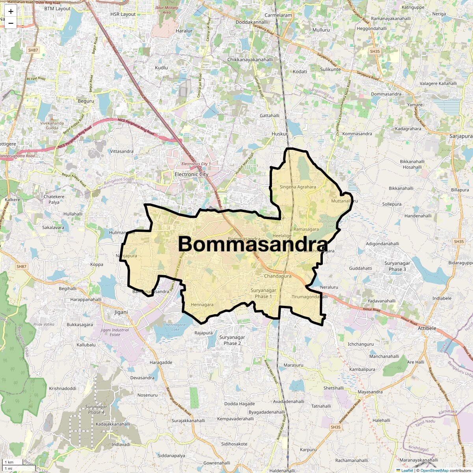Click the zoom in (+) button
click(x=11, y=11)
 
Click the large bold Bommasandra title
click(x=253, y=244)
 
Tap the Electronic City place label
click(x=192, y=174)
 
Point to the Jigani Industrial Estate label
click(x=115, y=332)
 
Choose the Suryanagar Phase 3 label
click(x=397, y=266)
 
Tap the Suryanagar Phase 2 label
click(x=232, y=340)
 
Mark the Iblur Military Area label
click(x=167, y=10)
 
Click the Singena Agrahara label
click(x=298, y=187)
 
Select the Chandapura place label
click(x=278, y=276)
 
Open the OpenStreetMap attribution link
click(x=434, y=470)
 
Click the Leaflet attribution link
click(x=407, y=470)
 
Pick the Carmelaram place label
click(x=278, y=15)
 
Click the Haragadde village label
click(x=161, y=362)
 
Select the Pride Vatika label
click(x=44, y=324)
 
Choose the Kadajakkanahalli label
click(x=113, y=424)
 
